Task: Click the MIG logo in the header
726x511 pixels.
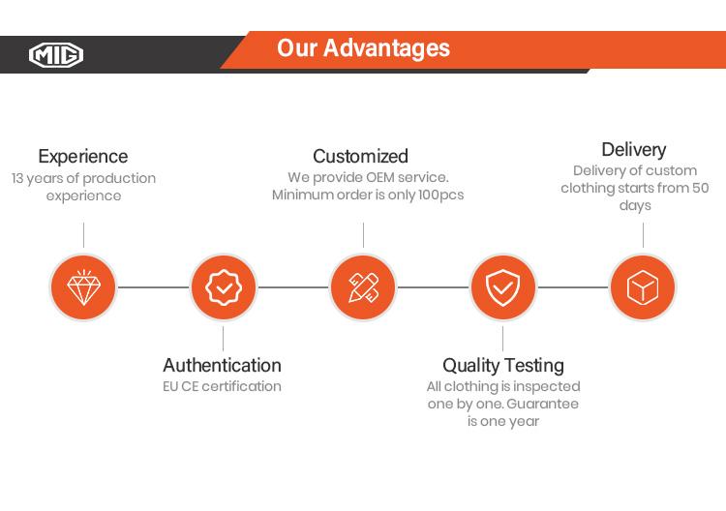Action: (x=56, y=54)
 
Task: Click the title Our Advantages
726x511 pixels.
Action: (x=363, y=48)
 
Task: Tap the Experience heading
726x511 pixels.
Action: (x=83, y=157)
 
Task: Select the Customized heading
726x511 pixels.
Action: (x=360, y=156)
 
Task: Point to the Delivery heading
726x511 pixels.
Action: (x=634, y=150)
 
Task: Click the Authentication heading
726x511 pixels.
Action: (x=223, y=365)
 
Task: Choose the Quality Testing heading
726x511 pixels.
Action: (x=503, y=366)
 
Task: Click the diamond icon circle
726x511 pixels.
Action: (x=84, y=287)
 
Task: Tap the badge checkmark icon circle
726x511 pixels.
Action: (x=224, y=287)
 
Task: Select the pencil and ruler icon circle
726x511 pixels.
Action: (x=363, y=287)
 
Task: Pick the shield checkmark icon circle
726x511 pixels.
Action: (x=503, y=287)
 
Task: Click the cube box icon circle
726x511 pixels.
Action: (x=643, y=287)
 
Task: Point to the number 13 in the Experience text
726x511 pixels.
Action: (x=17, y=178)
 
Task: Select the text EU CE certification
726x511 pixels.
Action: (x=223, y=386)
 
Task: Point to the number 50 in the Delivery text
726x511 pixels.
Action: (x=700, y=188)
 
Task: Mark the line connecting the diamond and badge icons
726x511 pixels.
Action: (x=154, y=287)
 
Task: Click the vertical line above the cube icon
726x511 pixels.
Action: (x=643, y=235)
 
